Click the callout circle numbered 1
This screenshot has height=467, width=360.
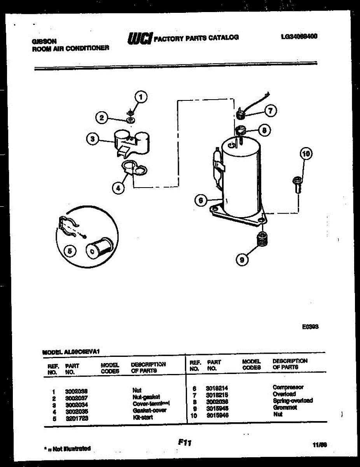tap(141, 97)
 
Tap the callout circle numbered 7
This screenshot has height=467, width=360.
tap(270, 110)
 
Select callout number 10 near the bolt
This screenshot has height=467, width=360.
tap(306, 154)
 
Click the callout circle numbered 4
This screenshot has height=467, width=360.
tap(118, 188)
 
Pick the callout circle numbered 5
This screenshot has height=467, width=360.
tap(70, 252)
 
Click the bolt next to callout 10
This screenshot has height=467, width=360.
tap(297, 184)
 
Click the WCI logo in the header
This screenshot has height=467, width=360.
tap(140, 38)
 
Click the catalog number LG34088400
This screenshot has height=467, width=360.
tap(299, 37)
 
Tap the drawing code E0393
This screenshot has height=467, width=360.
tap(311, 327)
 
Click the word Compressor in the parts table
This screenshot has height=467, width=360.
tap(288, 387)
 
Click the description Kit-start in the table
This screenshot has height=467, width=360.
tap(142, 417)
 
